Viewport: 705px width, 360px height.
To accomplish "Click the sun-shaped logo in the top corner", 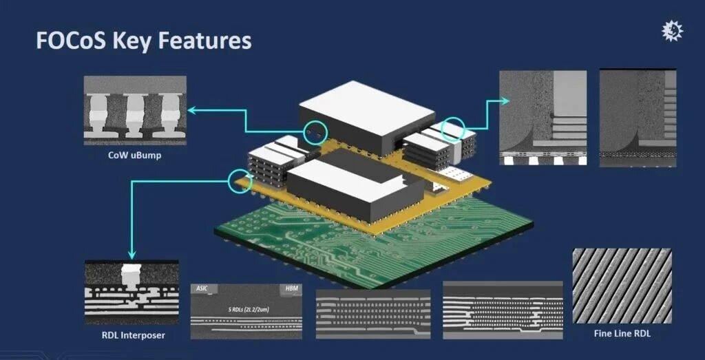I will (x=671, y=30).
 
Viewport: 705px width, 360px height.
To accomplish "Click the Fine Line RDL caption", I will (x=622, y=334).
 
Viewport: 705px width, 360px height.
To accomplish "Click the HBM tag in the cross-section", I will (x=293, y=288).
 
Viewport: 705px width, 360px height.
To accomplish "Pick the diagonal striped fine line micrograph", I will (x=622, y=286).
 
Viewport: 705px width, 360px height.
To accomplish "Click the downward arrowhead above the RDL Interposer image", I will (x=131, y=252).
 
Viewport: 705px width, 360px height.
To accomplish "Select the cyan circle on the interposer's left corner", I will (x=237, y=180).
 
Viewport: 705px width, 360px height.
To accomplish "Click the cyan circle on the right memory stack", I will (x=452, y=129).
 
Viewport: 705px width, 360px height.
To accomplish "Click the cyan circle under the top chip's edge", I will (x=316, y=131).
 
